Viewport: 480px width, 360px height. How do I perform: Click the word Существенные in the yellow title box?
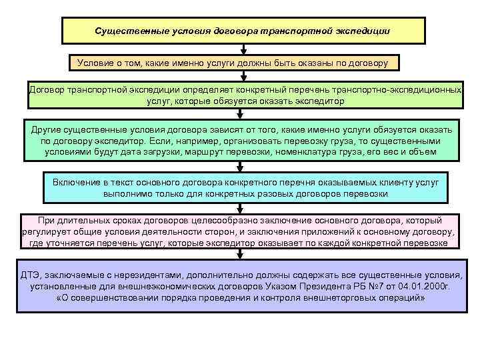pos(126,31)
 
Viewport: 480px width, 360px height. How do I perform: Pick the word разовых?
pos(286,193)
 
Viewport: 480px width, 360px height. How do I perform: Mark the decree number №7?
pos(376,286)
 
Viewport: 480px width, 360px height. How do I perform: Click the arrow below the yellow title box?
pos(245,49)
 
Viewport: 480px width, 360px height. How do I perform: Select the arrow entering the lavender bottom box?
pos(245,259)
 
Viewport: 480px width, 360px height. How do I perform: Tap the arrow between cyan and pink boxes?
pos(245,209)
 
